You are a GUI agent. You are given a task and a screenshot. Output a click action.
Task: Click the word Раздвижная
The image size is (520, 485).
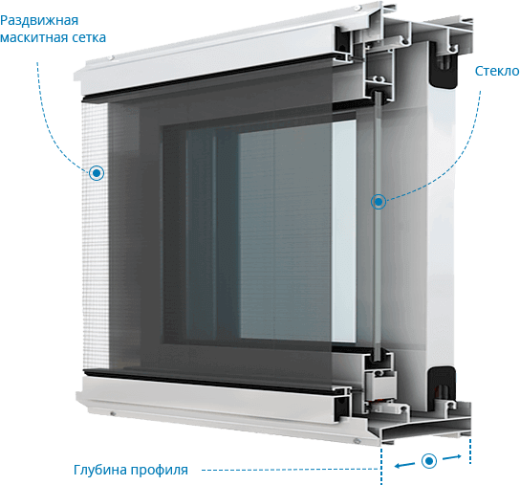click(x=39, y=21)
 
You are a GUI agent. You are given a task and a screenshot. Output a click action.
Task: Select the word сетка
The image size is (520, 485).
click(x=89, y=37)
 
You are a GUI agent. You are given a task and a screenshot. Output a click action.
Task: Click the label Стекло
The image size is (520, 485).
click(x=497, y=71)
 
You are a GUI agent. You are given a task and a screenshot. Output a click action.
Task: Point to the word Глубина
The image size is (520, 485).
click(x=100, y=470)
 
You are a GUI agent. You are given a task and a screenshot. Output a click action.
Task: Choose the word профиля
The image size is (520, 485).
click(x=160, y=471)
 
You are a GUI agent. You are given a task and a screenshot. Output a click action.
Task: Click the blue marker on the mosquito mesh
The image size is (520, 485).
click(x=97, y=173)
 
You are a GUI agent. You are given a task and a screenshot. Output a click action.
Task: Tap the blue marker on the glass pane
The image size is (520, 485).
click(x=379, y=202)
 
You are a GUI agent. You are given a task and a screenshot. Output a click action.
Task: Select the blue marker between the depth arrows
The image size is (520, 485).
click(x=429, y=461)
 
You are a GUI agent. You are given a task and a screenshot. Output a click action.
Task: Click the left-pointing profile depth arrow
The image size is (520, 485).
click(x=404, y=465)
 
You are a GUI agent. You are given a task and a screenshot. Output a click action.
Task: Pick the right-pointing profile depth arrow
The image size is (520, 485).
click(x=452, y=457)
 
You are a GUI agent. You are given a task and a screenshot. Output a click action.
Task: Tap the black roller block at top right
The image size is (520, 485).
click(x=444, y=65)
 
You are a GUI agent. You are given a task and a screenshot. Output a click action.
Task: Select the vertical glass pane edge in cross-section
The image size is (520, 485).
click(x=378, y=226)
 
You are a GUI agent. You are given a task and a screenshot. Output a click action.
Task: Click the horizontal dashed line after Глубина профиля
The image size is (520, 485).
click(x=291, y=470)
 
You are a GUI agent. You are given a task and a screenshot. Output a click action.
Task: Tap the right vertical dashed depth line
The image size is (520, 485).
click(x=470, y=451)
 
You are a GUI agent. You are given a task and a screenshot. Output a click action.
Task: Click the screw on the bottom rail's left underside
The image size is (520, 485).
click(x=113, y=413)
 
